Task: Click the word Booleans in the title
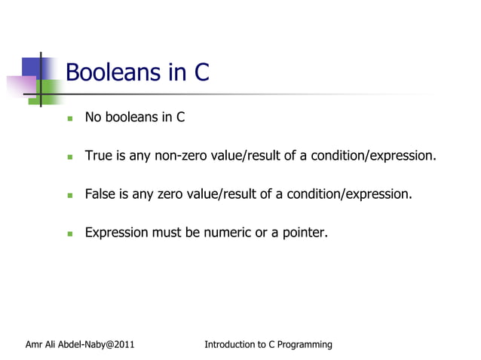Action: pyautogui.click(x=114, y=72)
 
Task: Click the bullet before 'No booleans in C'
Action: pyautogui.click(x=69, y=118)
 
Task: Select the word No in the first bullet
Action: pyautogui.click(x=93, y=117)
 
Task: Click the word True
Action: pyautogui.click(x=98, y=156)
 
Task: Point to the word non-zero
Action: pyautogui.click(x=182, y=156)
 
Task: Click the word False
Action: pyautogui.click(x=100, y=194)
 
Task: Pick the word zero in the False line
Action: pyautogui.click(x=171, y=194)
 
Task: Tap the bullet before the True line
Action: pyautogui.click(x=69, y=157)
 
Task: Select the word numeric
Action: pyautogui.click(x=225, y=233)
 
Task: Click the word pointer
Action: pyautogui.click(x=304, y=233)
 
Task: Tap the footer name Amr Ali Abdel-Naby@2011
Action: pyautogui.click(x=80, y=345)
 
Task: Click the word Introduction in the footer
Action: pyautogui.click(x=229, y=345)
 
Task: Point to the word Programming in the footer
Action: pyautogui.click(x=305, y=345)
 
